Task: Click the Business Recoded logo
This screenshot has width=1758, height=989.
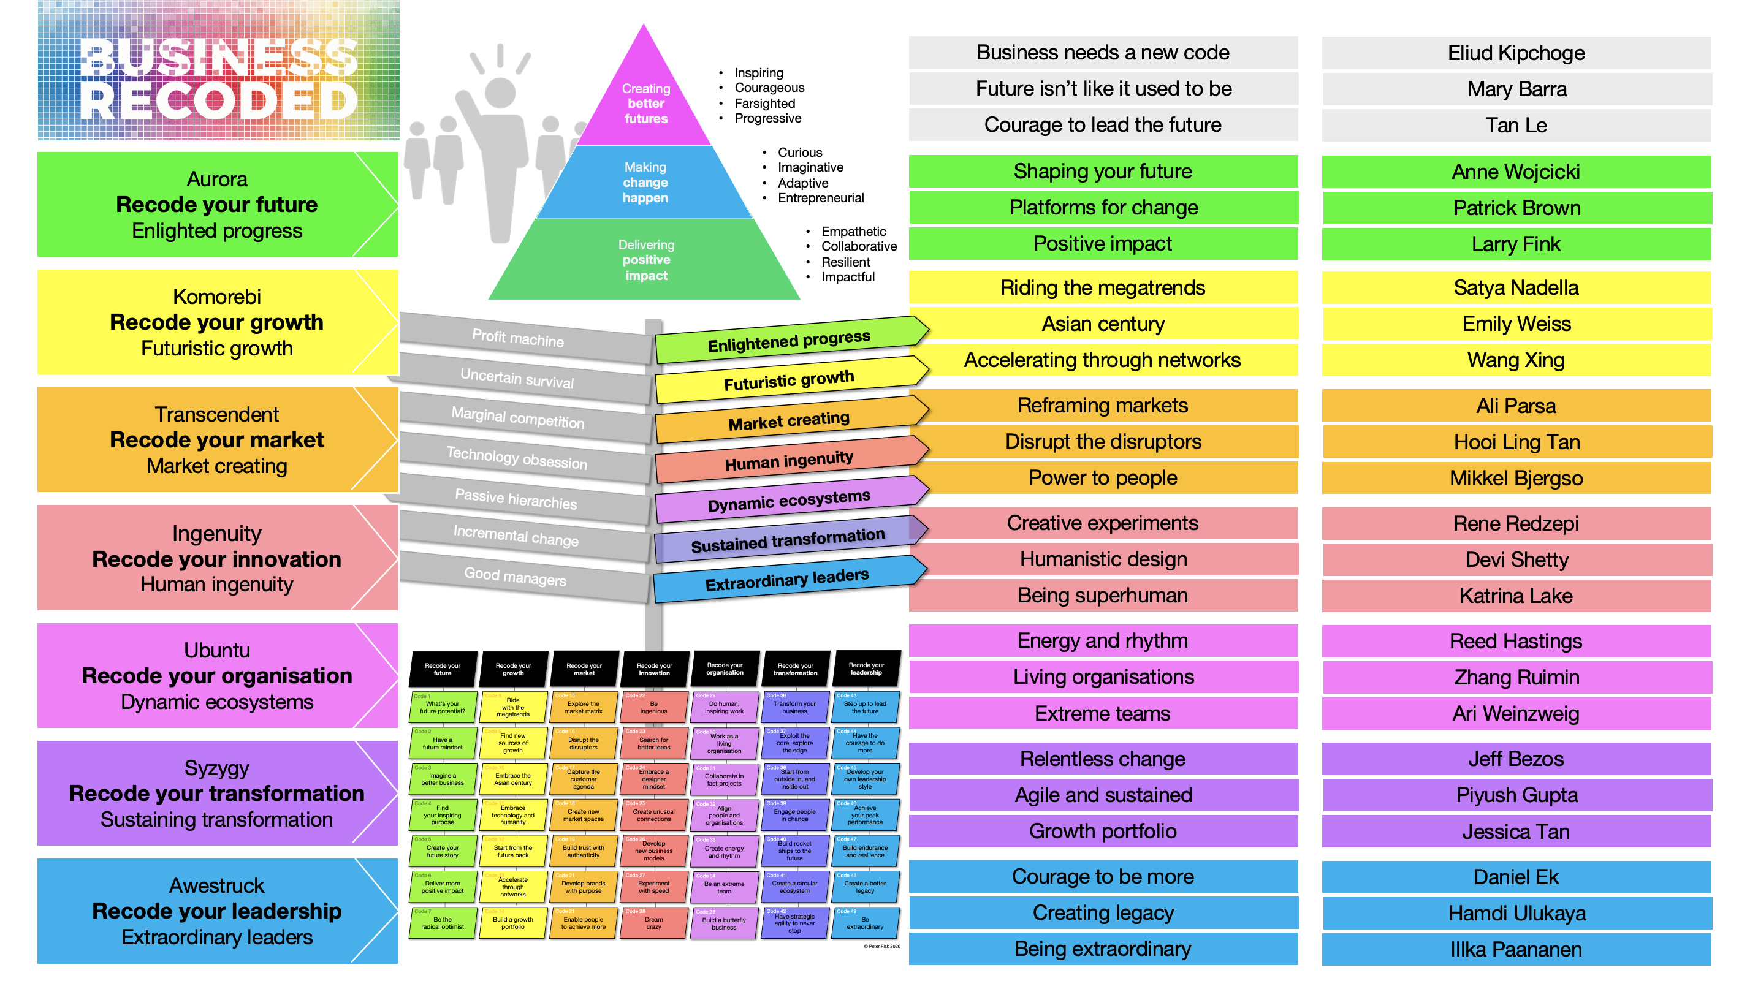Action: point(218,71)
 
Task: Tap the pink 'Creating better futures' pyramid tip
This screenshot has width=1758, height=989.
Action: point(645,102)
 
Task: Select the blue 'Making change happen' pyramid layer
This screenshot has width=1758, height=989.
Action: point(645,183)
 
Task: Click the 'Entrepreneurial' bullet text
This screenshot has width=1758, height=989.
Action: point(820,199)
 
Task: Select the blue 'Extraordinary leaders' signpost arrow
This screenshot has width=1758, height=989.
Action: point(787,580)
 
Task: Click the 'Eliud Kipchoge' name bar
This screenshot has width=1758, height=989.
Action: point(1516,53)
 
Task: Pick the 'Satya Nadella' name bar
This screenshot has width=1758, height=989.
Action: point(1516,288)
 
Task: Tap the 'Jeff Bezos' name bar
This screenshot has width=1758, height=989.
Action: point(1516,759)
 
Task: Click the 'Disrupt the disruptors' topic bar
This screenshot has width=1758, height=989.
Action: point(1103,442)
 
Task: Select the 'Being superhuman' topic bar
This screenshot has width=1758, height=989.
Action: point(1103,596)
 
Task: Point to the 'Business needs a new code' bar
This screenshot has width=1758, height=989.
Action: point(1103,53)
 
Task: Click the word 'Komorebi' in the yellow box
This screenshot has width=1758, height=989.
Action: point(217,297)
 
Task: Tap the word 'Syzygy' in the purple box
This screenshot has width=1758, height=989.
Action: point(217,768)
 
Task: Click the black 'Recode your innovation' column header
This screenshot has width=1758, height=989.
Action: point(654,669)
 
